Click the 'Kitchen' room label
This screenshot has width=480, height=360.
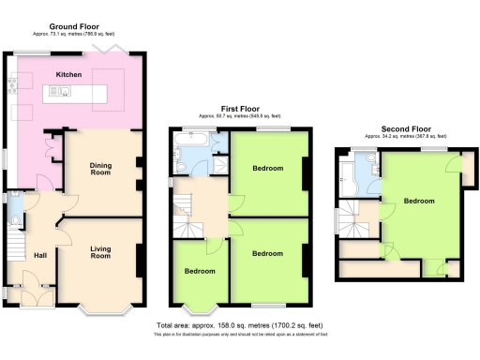coord(68,74)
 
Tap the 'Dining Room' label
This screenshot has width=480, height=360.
coord(99,170)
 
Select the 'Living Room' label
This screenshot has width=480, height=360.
coord(99,251)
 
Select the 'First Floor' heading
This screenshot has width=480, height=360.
coord(241,109)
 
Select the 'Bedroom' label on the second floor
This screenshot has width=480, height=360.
coord(419,201)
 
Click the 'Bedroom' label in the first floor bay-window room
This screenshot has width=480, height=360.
coord(199,271)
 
